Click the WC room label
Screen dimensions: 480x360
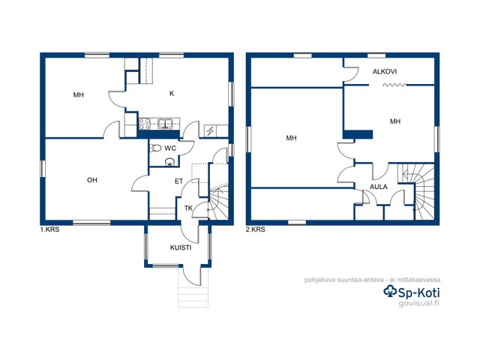(170, 148)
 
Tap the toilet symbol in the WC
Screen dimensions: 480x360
(155, 148)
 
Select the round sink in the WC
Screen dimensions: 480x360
(169, 162)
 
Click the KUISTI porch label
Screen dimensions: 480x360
(181, 247)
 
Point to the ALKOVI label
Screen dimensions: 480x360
(385, 72)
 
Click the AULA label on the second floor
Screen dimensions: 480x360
(378, 187)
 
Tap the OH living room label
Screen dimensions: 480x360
(92, 180)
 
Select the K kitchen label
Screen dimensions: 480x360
(172, 93)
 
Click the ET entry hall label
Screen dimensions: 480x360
(178, 181)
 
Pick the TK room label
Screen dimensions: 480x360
(188, 208)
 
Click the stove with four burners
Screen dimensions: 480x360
(145, 124)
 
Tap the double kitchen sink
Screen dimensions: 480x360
(165, 124)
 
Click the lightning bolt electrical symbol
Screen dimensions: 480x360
(210, 131)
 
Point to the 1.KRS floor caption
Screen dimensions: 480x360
(50, 229)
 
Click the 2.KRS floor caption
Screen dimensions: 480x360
(256, 229)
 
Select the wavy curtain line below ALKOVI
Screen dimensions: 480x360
(394, 85)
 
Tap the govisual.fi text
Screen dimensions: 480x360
(419, 303)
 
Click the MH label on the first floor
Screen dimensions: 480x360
(78, 95)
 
